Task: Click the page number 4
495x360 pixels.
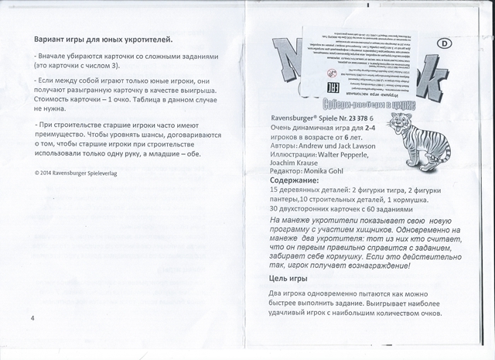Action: coord(32,318)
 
